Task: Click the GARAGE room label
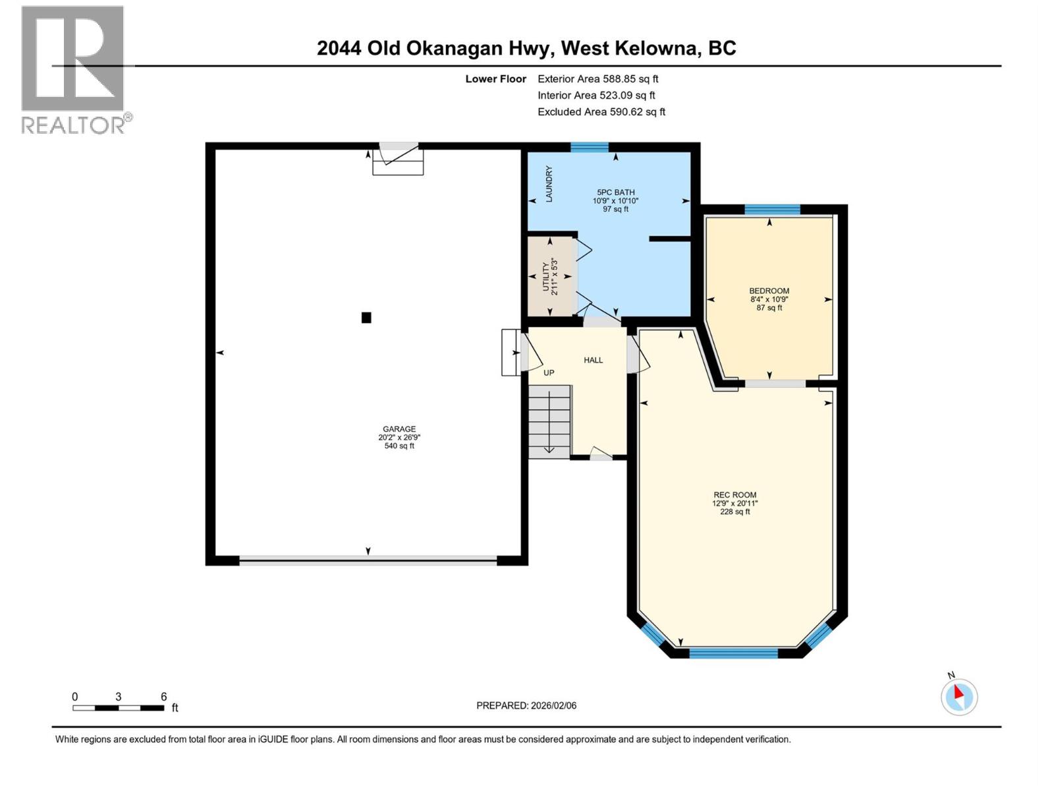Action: click(x=399, y=429)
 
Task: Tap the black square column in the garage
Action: click(x=366, y=318)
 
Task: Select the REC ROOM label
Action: click(x=735, y=495)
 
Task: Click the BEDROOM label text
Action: click(x=769, y=291)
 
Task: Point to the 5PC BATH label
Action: click(x=615, y=192)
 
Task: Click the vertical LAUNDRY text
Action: click(x=549, y=184)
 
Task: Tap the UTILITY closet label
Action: click(x=545, y=276)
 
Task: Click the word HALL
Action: click(x=593, y=360)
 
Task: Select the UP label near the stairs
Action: click(x=549, y=373)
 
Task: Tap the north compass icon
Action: click(x=958, y=697)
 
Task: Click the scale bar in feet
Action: click(x=119, y=708)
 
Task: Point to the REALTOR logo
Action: click(x=73, y=69)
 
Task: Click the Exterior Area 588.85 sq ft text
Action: click(x=597, y=79)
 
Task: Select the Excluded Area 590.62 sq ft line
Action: click(x=601, y=112)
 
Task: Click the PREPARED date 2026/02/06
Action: click(x=526, y=705)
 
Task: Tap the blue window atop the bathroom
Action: click(x=589, y=148)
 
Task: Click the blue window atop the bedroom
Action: click(x=772, y=210)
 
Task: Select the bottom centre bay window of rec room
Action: click(x=733, y=653)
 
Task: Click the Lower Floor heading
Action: click(x=495, y=79)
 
